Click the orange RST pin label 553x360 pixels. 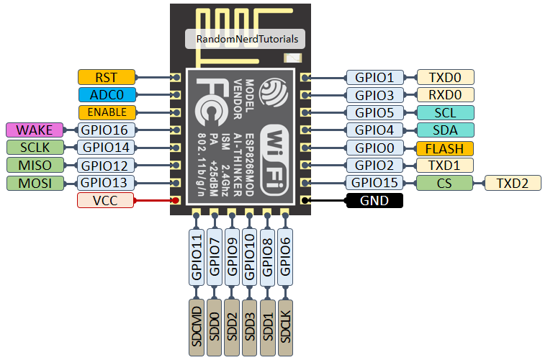tap(106, 77)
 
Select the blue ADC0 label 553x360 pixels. tap(106, 94)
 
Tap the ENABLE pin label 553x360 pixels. tap(106, 112)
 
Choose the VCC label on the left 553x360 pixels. tap(106, 200)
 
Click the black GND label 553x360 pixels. tap(374, 201)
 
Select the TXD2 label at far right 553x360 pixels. tap(513, 183)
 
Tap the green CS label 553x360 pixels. tap(444, 183)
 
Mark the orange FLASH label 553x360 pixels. tap(445, 148)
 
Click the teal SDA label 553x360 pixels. tap(445, 130)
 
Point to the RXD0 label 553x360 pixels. tap(445, 95)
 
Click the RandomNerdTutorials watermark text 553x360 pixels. tap(246, 39)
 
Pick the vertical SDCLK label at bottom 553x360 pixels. tap(286, 327)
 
